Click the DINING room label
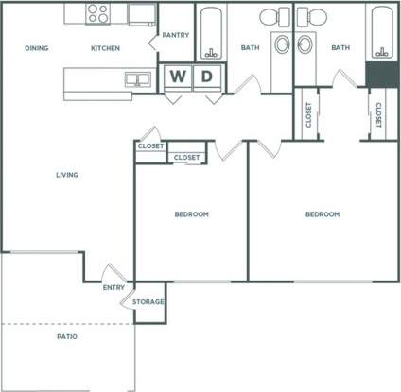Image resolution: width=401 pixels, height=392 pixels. (37, 48)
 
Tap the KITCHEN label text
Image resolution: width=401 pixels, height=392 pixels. (105, 48)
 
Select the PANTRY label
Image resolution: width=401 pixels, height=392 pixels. (176, 35)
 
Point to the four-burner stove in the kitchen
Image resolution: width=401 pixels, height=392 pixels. (97, 13)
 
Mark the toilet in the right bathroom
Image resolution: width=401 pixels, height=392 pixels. (306, 16)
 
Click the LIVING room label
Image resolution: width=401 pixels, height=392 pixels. (66, 175)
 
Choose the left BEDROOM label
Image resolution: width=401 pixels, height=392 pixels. (192, 214)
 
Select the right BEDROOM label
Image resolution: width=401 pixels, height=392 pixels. (322, 214)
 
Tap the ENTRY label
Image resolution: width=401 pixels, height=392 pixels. (113, 287)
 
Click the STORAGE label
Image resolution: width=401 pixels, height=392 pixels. (148, 302)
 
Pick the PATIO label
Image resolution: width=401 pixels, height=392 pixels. (66, 336)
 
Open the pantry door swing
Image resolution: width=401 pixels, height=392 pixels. (153, 42)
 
